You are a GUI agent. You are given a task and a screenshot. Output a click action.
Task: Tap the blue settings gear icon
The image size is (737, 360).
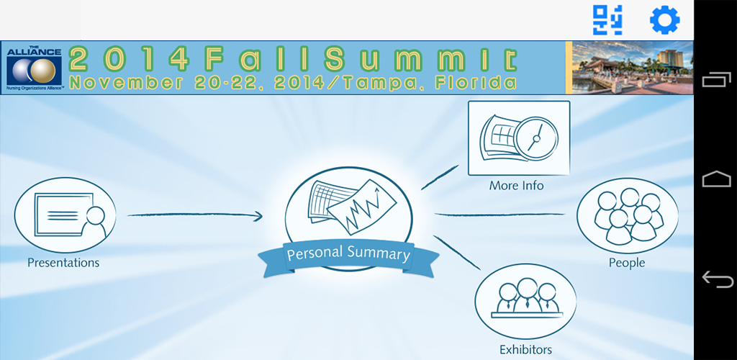(x=665, y=20)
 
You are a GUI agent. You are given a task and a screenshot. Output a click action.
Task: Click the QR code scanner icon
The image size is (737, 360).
(x=607, y=20)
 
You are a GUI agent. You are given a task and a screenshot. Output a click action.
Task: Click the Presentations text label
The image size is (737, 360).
(x=63, y=263)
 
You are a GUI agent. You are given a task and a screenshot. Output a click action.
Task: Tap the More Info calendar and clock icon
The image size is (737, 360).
(x=518, y=138)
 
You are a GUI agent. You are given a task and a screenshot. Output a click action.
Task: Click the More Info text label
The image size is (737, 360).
(x=516, y=186)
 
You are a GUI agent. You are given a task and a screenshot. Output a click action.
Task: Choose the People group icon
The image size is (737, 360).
(x=628, y=214)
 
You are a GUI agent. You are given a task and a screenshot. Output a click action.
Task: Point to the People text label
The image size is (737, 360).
(x=627, y=263)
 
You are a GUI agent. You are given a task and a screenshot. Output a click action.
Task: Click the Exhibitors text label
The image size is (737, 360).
(x=525, y=350)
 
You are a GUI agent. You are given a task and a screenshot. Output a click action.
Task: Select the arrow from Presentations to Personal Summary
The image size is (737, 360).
(x=194, y=215)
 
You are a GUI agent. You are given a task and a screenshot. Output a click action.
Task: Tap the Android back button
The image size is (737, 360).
(x=716, y=279)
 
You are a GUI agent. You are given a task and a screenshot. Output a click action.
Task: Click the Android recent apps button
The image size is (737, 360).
(x=716, y=79)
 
